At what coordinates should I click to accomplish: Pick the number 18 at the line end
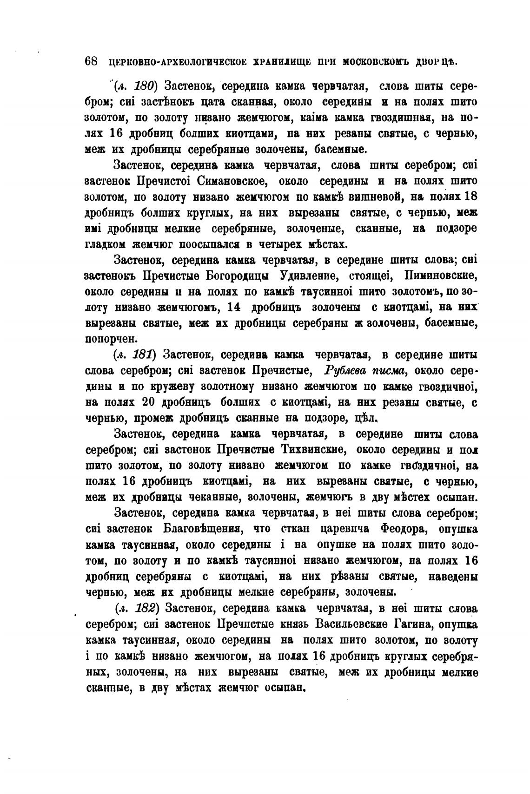[x=470, y=197]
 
